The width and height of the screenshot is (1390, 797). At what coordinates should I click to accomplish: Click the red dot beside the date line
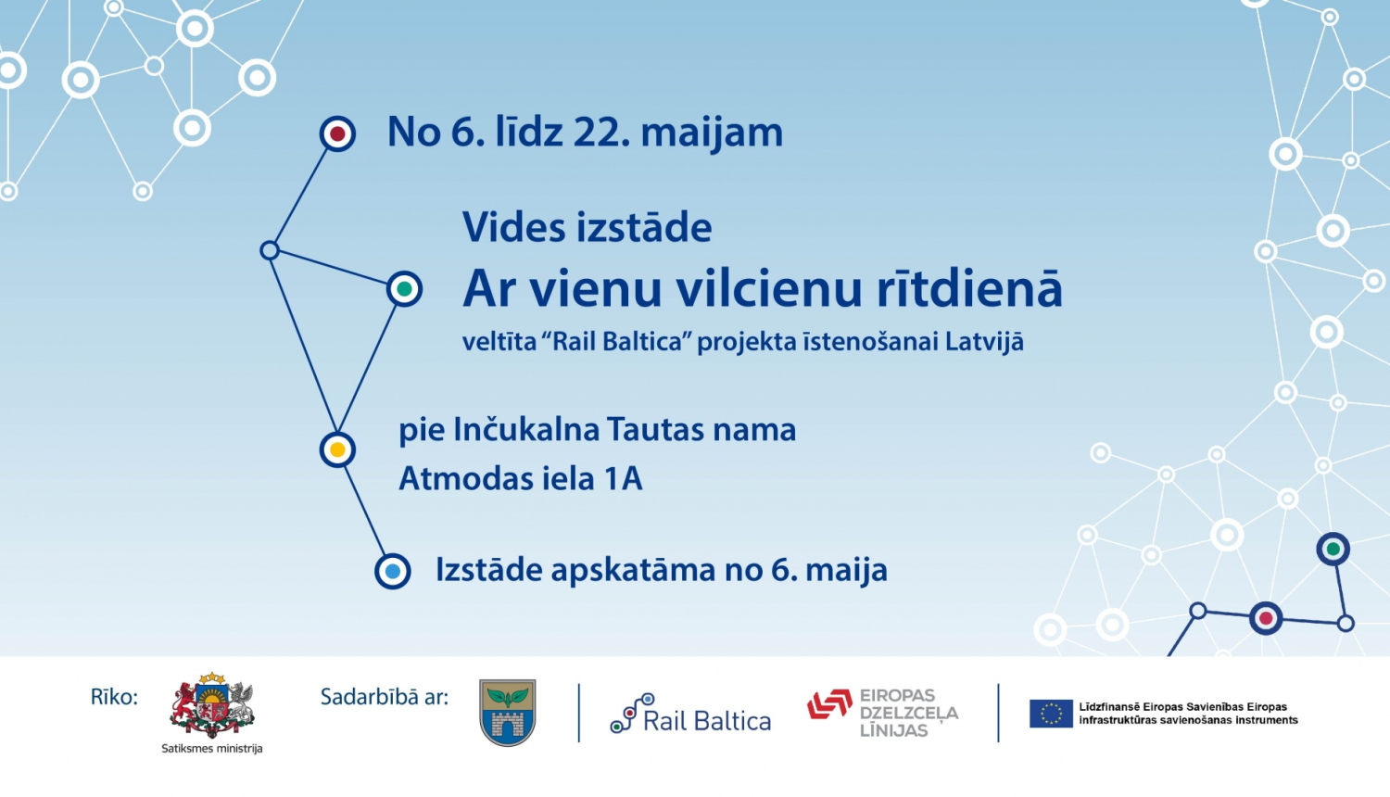click(x=337, y=134)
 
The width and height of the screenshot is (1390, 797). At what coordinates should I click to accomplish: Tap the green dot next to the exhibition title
click(x=404, y=289)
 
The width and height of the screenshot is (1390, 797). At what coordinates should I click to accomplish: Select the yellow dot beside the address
click(x=337, y=449)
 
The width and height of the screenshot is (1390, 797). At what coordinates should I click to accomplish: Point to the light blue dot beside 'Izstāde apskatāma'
click(x=392, y=571)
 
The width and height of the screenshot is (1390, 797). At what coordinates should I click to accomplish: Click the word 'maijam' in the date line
click(x=712, y=133)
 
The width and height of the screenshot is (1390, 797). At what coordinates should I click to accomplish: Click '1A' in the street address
click(x=623, y=479)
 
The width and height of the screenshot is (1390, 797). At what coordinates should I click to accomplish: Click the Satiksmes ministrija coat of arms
click(x=212, y=706)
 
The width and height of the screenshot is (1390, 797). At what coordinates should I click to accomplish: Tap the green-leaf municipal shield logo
click(x=508, y=712)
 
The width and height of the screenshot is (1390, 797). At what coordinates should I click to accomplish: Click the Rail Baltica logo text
click(x=706, y=721)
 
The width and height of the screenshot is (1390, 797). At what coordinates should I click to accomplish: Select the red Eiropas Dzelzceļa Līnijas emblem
click(x=829, y=704)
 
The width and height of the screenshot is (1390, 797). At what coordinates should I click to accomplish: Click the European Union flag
click(x=1051, y=713)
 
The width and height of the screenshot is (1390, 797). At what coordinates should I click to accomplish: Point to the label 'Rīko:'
click(x=114, y=697)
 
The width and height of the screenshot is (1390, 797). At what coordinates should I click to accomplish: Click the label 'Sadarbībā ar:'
click(x=384, y=697)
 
